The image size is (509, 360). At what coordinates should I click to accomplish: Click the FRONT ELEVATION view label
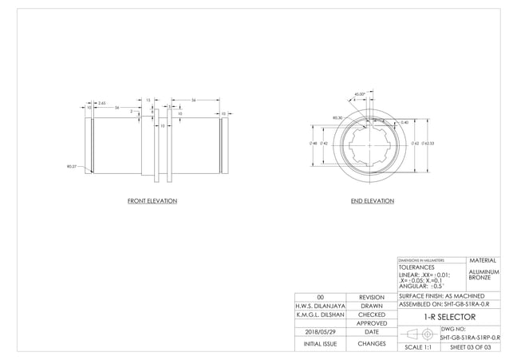coord(152,201)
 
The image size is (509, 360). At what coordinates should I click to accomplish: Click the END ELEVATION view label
coord(373,201)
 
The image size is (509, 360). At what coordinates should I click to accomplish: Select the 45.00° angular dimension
coord(359,94)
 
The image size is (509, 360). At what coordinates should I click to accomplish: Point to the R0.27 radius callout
coord(72,166)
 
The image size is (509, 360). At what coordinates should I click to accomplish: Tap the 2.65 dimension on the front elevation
coord(101,103)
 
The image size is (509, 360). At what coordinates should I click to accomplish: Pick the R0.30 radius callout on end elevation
coord(337,117)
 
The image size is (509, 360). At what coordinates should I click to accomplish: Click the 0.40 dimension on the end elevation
coord(404,122)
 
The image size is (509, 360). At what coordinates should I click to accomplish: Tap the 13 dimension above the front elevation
coord(148,100)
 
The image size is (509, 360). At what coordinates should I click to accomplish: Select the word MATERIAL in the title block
coord(483,260)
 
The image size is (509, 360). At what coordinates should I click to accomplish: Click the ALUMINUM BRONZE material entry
coord(483,275)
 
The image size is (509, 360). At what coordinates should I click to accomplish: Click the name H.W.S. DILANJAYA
coord(320,306)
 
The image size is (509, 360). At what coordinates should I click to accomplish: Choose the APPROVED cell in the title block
coord(371,323)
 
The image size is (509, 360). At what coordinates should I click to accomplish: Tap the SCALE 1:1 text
coord(418,348)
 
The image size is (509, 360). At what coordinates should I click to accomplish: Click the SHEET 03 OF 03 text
coord(473,348)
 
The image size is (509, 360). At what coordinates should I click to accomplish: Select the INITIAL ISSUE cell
coord(320,344)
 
